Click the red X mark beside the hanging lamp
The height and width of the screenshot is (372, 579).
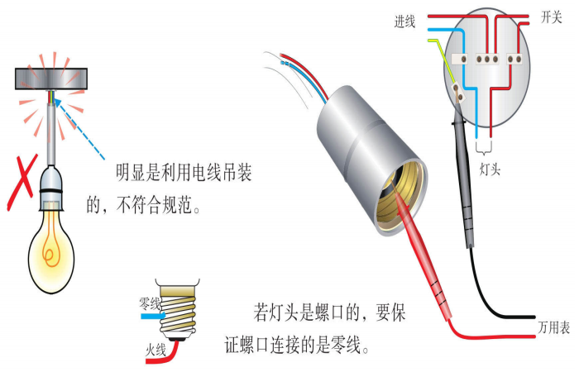(x=18, y=182)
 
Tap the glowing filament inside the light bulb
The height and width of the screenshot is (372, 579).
(x=54, y=245)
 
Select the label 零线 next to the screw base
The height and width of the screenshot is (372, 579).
(x=151, y=304)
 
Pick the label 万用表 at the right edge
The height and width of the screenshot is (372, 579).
(x=553, y=328)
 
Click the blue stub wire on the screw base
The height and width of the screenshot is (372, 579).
(x=152, y=315)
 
